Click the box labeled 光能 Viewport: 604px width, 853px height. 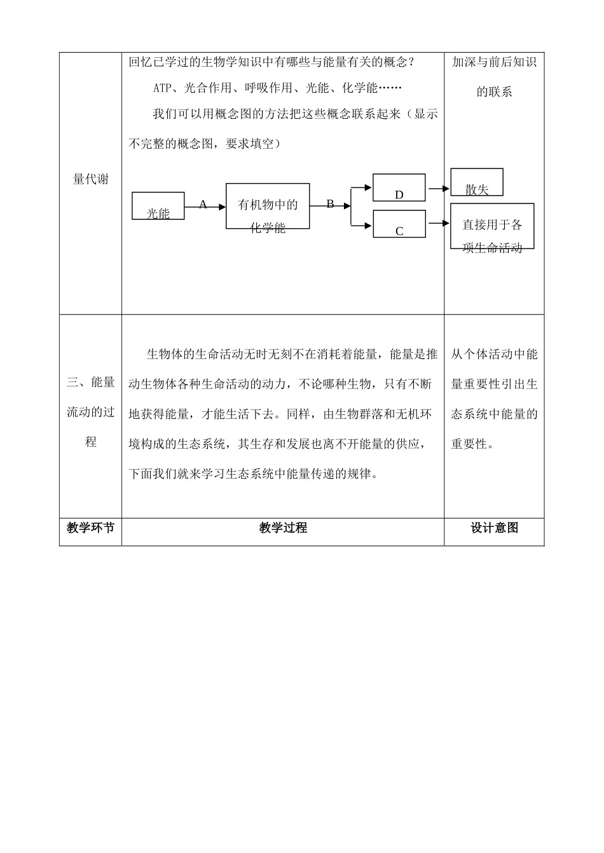point(158,207)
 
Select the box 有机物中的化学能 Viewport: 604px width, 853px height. point(268,207)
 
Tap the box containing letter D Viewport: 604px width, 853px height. point(399,188)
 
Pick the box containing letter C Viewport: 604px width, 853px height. point(399,224)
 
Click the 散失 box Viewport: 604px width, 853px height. point(477,182)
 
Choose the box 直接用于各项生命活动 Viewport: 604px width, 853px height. point(492,226)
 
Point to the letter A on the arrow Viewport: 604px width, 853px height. point(203,205)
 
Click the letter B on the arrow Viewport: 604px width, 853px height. point(330,205)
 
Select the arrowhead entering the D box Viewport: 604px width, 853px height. point(368,188)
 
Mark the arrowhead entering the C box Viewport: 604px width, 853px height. point(368,224)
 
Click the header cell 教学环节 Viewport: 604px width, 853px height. point(91,528)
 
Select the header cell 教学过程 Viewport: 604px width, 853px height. point(283,528)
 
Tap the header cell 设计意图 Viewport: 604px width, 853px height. point(494,528)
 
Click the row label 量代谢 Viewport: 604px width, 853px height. point(91,179)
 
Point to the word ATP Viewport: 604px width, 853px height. point(163,88)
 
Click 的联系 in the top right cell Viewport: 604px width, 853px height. point(494,92)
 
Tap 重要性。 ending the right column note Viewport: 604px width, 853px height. point(472,444)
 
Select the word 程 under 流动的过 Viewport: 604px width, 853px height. point(91,442)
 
